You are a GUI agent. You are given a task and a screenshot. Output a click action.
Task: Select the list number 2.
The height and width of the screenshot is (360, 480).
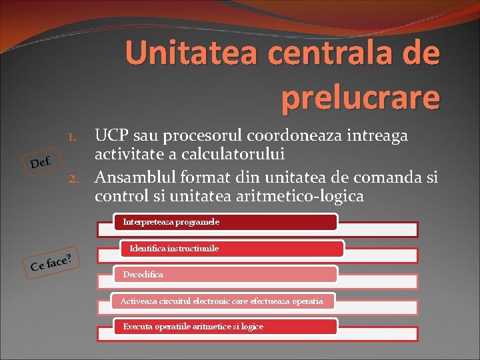pos(74,178)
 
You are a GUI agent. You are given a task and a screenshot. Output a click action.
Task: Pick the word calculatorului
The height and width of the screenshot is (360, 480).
pos(229,155)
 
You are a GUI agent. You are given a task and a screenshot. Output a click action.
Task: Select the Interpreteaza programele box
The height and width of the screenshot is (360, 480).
pos(227,222)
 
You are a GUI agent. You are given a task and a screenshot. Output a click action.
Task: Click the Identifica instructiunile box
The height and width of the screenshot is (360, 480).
pos(232,249)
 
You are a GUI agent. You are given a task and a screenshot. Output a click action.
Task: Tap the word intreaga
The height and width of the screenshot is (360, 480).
pos(376,136)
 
